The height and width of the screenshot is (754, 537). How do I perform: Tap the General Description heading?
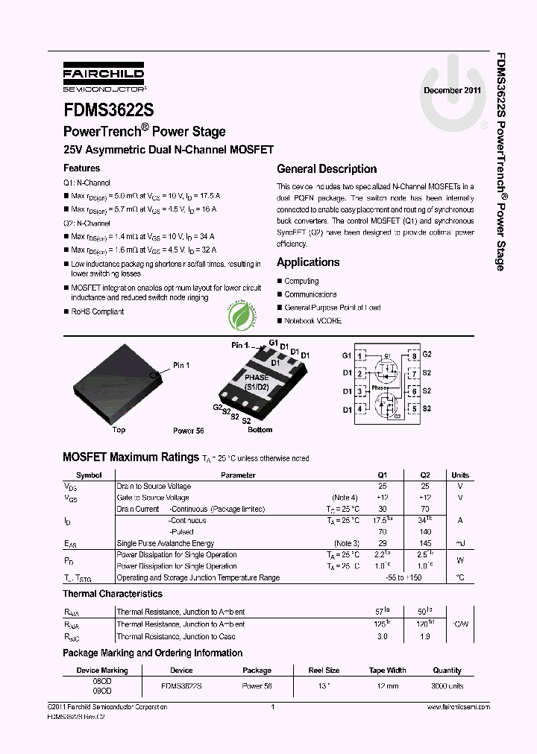[327, 169]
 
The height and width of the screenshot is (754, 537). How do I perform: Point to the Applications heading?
[308, 262]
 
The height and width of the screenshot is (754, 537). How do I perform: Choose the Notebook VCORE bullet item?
[313, 321]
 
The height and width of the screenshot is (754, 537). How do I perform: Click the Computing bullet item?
[301, 282]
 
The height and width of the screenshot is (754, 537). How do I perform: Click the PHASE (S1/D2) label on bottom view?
[257, 382]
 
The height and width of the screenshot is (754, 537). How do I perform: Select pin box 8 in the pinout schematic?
[413, 355]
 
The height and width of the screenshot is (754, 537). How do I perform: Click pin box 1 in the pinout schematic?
[361, 355]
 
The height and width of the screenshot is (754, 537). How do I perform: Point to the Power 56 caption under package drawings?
[188, 431]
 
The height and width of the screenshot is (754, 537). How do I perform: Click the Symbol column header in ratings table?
[89, 475]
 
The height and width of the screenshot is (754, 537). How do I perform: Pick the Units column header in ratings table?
[460, 475]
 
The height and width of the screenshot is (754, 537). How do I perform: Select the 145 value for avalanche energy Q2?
[425, 543]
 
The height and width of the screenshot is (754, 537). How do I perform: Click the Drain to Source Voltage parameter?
[154, 486]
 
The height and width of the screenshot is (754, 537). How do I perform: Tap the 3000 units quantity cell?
[447, 685]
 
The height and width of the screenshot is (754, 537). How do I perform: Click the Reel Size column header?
[323, 671]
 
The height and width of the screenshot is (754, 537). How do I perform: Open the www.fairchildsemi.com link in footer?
[458, 706]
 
